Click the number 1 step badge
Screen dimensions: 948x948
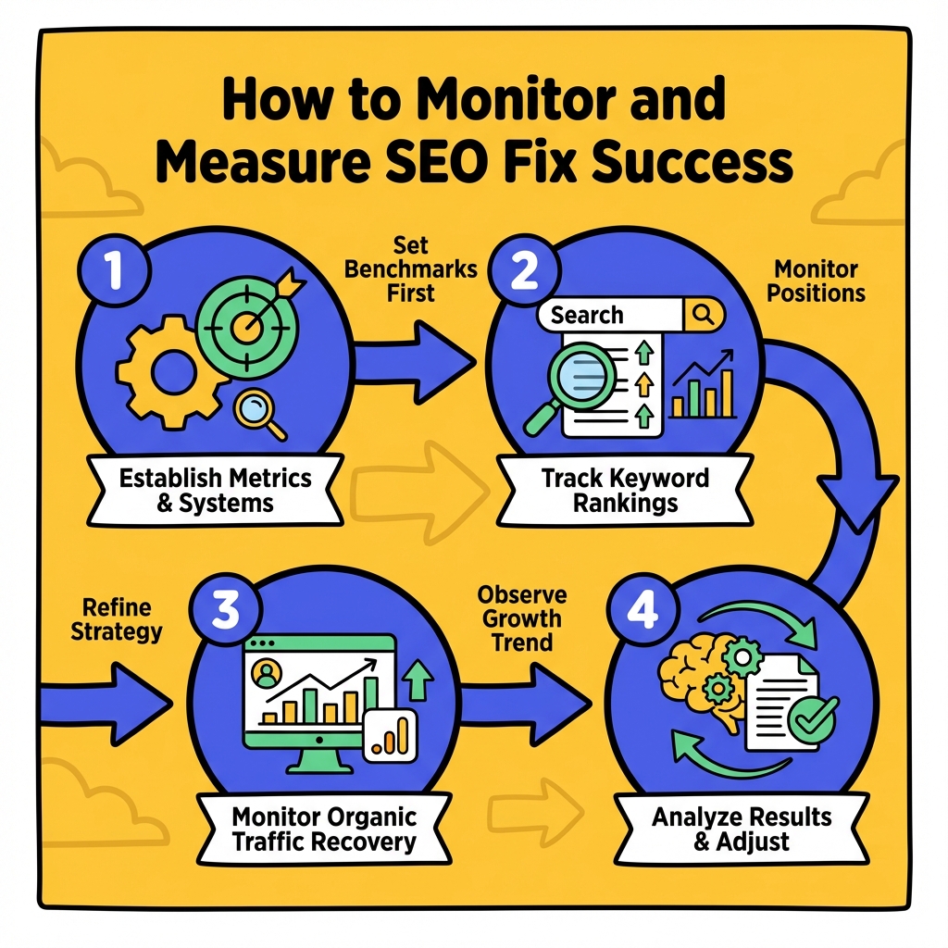(112, 269)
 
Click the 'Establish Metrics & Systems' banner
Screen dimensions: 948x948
(215, 492)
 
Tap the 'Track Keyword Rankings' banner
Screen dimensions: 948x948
(626, 492)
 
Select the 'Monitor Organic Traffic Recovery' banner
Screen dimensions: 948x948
(324, 829)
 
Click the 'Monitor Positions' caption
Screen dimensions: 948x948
(816, 281)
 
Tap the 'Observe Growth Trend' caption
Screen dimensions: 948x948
(522, 617)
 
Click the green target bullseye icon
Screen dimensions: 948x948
(245, 325)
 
